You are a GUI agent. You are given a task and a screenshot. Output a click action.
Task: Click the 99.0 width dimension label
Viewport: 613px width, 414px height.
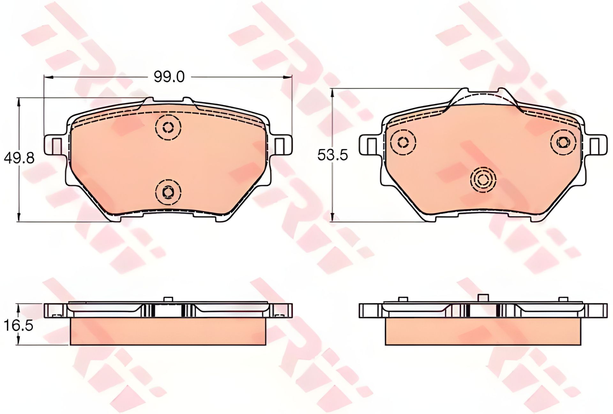click(x=169, y=77)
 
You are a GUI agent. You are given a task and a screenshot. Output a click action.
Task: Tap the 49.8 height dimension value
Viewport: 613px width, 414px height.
click(x=19, y=158)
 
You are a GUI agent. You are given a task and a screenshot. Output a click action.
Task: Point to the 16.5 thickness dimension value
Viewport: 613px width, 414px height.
click(x=19, y=326)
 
